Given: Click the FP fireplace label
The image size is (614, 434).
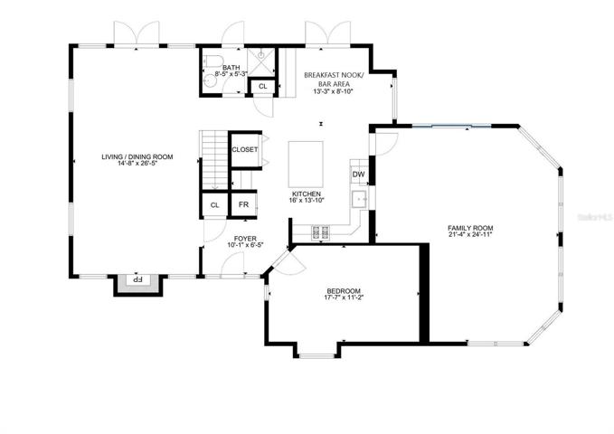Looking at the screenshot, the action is (137, 279).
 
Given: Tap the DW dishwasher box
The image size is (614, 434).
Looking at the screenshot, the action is (358, 175).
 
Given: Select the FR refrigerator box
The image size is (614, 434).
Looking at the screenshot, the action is (243, 204).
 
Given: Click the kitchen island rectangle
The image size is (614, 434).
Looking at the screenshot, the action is (306, 165).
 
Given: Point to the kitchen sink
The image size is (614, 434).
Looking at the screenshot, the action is (359, 199).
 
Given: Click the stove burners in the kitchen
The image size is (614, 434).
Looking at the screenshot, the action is (320, 232).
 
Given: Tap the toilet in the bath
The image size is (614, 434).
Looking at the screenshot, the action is (213, 61).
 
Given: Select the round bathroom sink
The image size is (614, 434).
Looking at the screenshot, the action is (211, 80).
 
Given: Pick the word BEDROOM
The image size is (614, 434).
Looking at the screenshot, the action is (344, 291).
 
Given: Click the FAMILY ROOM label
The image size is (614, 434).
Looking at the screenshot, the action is (470, 228).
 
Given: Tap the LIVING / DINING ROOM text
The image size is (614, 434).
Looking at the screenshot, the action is (137, 156).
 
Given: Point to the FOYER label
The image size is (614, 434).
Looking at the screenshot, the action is (245, 239).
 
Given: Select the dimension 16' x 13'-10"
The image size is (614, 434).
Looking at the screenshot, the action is (307, 200).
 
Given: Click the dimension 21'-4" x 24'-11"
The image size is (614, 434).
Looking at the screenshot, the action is (470, 234).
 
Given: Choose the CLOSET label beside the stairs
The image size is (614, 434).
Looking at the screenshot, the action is (245, 149).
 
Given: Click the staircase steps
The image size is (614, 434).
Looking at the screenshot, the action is (214, 161).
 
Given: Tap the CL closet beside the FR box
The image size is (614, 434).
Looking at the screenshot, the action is (214, 205).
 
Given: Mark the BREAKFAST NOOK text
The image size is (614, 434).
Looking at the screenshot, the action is (334, 75).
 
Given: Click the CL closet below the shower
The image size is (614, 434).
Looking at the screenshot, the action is (263, 86).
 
